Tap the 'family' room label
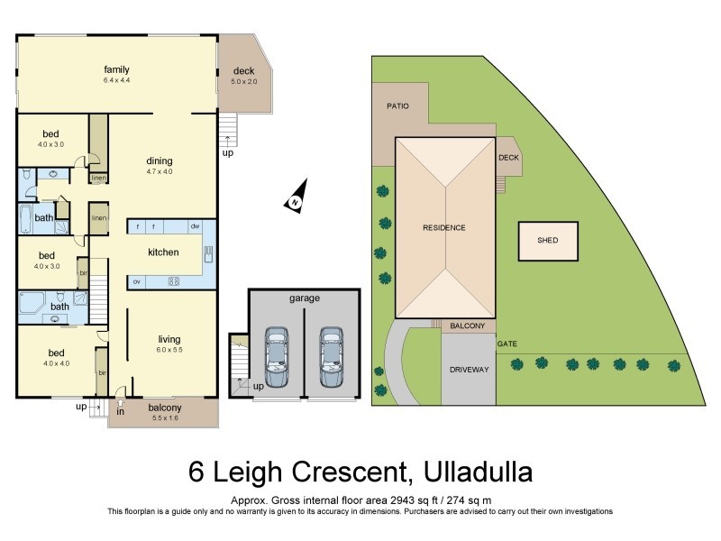pyautogui.click(x=116, y=69)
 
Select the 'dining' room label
pyautogui.click(x=160, y=161)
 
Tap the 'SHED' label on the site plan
pyautogui.click(x=547, y=241)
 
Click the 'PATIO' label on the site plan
pyautogui.click(x=398, y=106)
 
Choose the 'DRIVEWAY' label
pyautogui.click(x=469, y=370)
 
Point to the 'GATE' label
pyautogui.click(x=507, y=344)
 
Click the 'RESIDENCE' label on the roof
pyautogui.click(x=444, y=227)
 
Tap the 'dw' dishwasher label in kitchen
pyautogui.click(x=194, y=225)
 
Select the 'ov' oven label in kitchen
pyautogui.click(x=136, y=281)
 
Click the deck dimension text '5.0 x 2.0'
pyautogui.click(x=244, y=82)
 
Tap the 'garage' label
pyautogui.click(x=305, y=298)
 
